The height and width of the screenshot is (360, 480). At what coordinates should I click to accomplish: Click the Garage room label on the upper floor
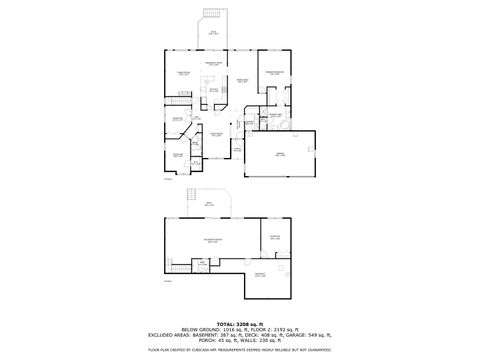(x=280, y=153)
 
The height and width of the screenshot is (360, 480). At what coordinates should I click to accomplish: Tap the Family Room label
(x=183, y=73)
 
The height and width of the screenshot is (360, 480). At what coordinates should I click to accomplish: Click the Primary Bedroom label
(x=277, y=73)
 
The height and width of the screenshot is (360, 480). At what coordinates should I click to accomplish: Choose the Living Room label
(x=215, y=134)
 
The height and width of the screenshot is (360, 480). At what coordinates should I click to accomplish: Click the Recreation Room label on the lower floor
(x=213, y=240)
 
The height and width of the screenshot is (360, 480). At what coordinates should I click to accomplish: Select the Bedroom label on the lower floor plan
(x=275, y=237)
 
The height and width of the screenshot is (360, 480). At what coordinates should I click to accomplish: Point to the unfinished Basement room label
(x=260, y=275)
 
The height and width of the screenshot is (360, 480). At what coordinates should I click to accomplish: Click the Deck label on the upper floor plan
(x=213, y=33)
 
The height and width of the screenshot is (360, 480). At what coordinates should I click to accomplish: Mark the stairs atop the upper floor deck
(x=213, y=20)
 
